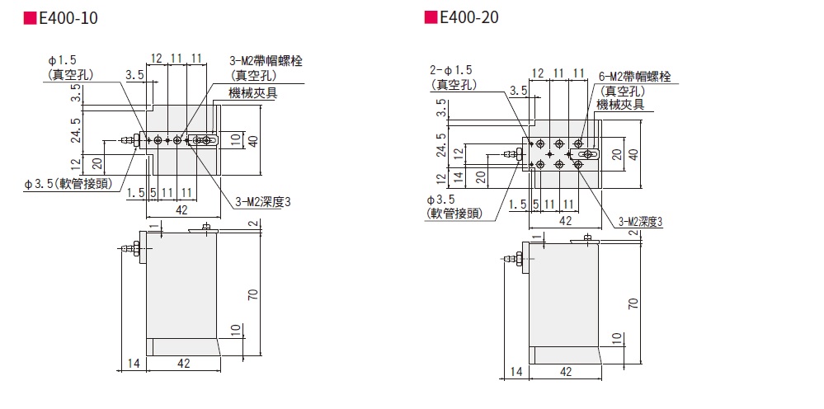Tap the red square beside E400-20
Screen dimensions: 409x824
point(431,17)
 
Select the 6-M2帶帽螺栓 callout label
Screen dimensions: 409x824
point(633,77)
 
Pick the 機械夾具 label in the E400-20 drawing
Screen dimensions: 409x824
point(621,105)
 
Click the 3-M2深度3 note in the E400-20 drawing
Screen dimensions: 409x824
point(641,220)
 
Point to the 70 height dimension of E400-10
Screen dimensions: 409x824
point(254,294)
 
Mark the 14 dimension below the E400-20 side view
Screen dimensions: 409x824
point(516,372)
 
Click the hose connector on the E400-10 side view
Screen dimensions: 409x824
point(130,247)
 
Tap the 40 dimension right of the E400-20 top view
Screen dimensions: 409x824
point(633,153)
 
